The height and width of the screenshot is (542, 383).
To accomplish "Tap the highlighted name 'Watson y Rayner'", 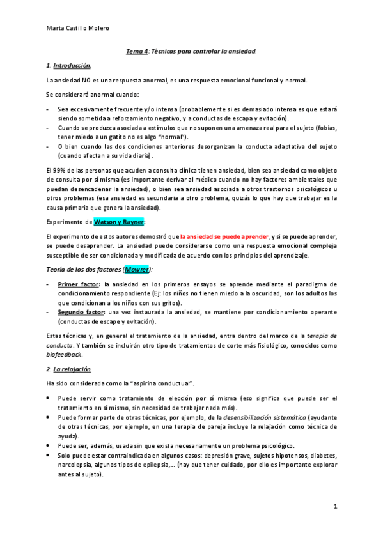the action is click(x=120, y=222).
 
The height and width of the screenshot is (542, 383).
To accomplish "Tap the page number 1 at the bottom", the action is click(x=335, y=506).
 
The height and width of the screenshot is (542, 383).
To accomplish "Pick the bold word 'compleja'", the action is click(x=324, y=245).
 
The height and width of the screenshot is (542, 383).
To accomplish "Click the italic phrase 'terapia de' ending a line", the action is click(x=320, y=336).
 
